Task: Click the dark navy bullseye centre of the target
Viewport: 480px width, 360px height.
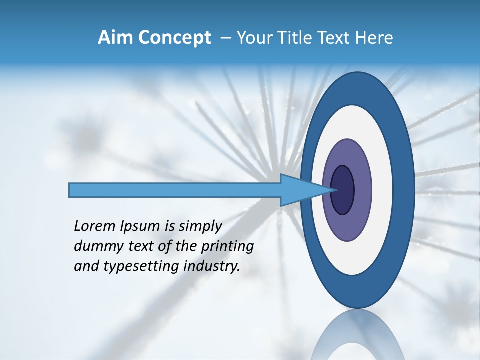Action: click(343, 190)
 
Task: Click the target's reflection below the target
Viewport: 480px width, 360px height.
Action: click(358, 337)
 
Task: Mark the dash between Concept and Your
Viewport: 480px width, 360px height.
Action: click(225, 38)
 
